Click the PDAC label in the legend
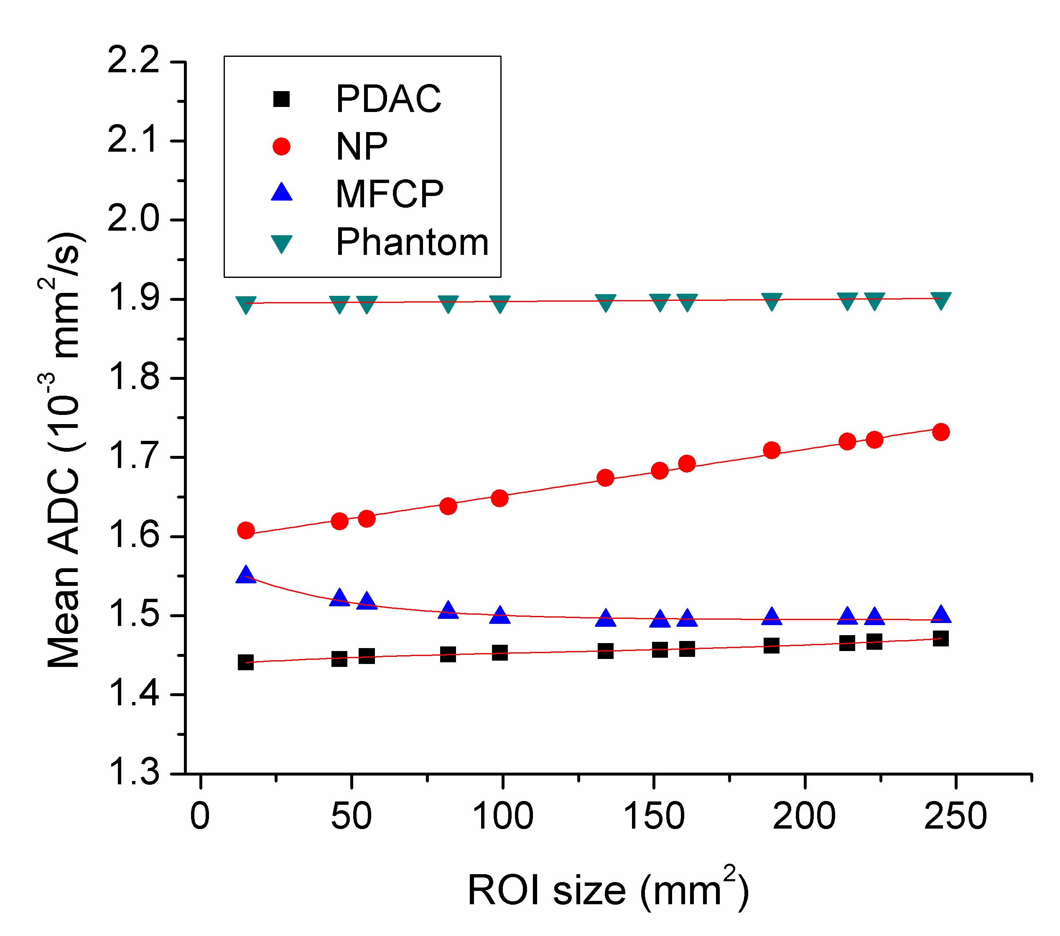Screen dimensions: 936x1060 pos(388,99)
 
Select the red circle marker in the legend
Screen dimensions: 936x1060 pos(282,146)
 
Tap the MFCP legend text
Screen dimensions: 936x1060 pos(390,194)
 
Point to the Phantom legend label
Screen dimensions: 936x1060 pos(412,242)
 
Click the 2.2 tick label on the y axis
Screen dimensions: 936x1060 pos(133,61)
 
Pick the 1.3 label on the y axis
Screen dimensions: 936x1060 pos(133,773)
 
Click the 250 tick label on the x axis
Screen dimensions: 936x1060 pos(955,816)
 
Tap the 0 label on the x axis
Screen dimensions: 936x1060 pos(200,816)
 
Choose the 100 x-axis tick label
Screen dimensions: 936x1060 pos(502,816)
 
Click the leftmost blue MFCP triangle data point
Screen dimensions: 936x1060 pos(246,575)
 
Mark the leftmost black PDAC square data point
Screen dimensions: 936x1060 pos(245,662)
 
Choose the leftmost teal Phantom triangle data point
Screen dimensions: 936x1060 pos(245,304)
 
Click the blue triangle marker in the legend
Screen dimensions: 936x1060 pos(282,192)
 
